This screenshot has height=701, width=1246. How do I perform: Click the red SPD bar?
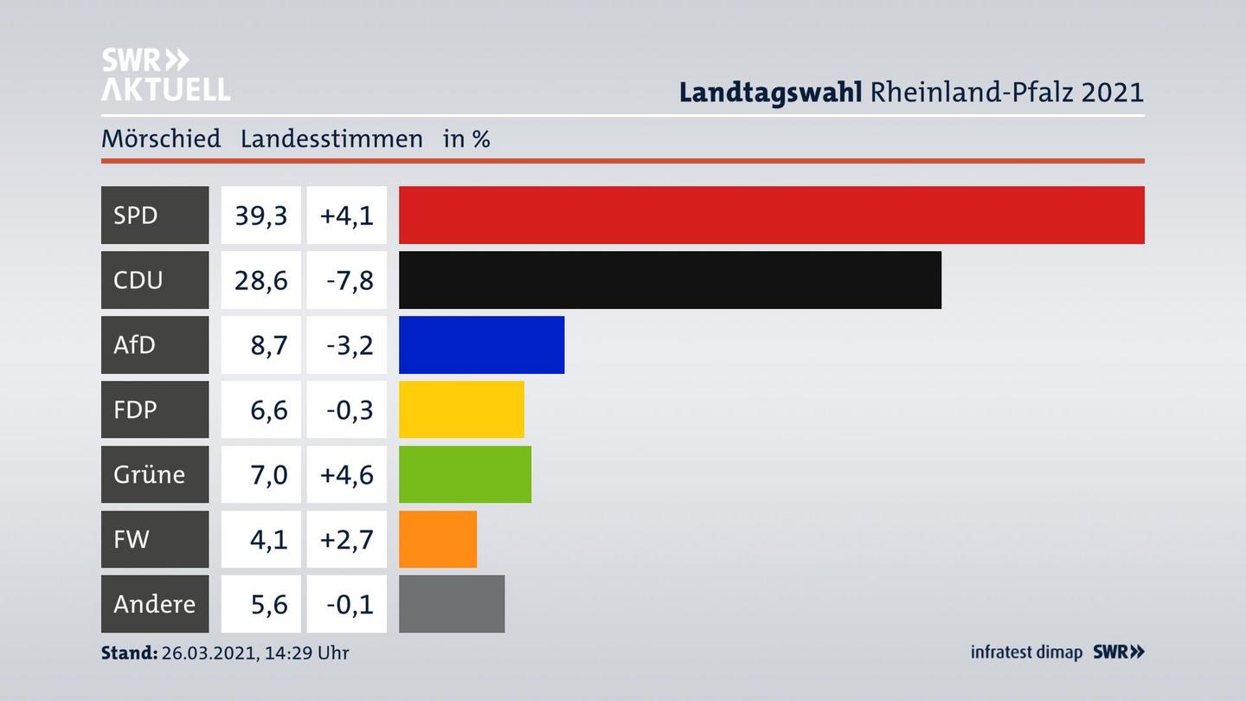[x=771, y=215]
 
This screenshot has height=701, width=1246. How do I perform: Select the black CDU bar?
[x=670, y=280]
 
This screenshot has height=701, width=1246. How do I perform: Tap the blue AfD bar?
[x=481, y=344]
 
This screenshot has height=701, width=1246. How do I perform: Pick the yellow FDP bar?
[x=461, y=409]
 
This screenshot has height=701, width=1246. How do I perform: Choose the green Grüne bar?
[x=465, y=474]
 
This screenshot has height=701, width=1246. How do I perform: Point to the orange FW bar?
[x=438, y=539]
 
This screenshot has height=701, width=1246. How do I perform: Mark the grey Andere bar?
[x=452, y=604]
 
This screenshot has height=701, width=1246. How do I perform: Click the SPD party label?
[x=136, y=215]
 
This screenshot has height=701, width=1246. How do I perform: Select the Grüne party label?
[x=149, y=474]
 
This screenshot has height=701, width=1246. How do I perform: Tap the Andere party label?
[x=154, y=604]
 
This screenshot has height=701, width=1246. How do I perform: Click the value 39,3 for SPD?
[x=260, y=215]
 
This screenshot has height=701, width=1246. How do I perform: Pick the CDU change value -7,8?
[x=350, y=280]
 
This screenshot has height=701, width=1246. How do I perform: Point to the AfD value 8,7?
[x=268, y=344]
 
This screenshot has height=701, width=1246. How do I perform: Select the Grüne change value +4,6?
[x=347, y=474]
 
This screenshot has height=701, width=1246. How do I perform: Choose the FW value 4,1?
[x=268, y=539]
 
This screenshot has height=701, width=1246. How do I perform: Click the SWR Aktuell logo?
[x=165, y=74]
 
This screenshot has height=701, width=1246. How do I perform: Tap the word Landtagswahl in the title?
[x=770, y=92]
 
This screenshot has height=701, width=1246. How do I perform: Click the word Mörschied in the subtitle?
[x=161, y=138]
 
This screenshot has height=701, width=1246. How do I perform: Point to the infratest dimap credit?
[x=1026, y=653]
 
